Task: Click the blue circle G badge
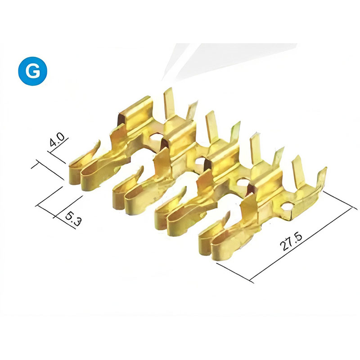tap(32, 71)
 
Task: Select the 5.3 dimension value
tap(73, 218)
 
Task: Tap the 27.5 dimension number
tap(291, 242)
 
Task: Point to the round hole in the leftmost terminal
tap(156, 138)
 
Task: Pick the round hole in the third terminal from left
tap(243, 183)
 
